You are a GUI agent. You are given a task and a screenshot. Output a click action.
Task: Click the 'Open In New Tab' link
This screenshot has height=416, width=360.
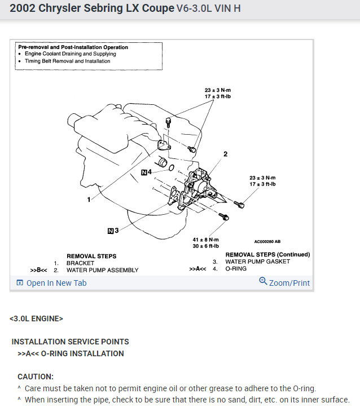click(56, 283)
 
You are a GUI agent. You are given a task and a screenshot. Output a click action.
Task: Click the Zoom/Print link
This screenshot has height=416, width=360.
click(289, 283)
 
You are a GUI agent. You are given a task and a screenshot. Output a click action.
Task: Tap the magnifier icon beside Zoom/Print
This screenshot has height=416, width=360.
click(263, 281)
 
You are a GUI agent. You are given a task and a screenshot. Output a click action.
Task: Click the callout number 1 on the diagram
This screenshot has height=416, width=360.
click(89, 200)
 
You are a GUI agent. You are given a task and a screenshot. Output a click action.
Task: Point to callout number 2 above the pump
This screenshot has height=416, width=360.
click(225, 153)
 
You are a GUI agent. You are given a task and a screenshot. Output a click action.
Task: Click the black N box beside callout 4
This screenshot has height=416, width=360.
click(144, 172)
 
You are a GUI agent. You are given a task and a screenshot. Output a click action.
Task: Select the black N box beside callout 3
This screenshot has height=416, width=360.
click(111, 230)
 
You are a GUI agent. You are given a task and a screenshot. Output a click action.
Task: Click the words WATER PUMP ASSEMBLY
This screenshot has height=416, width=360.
click(102, 270)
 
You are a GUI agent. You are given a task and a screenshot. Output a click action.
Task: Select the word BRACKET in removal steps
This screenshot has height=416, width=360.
click(80, 263)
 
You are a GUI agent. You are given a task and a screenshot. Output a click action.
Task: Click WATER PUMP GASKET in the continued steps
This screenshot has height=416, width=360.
click(257, 262)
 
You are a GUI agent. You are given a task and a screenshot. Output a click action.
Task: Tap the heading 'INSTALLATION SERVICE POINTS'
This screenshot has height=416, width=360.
click(71, 342)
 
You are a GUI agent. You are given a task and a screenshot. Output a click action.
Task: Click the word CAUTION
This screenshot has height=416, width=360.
click(36, 377)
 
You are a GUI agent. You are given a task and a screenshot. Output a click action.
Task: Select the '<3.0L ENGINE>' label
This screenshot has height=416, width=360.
click(36, 318)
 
